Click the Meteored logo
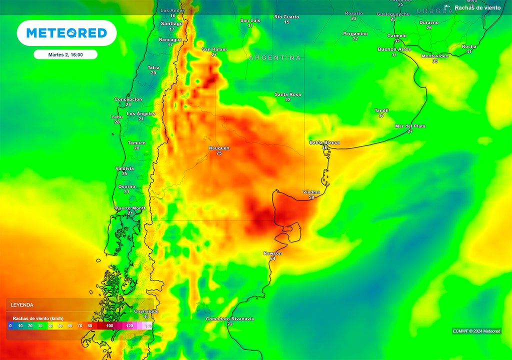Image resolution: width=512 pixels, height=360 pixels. [x=66, y=33]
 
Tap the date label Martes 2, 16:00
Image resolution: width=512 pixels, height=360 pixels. [x=65, y=54]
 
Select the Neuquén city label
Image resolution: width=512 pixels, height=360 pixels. [x=219, y=148]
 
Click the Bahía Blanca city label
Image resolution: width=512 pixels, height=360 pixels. [x=324, y=142]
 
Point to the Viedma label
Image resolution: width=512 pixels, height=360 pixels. [x=311, y=192]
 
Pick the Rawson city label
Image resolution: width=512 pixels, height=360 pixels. [x=272, y=253]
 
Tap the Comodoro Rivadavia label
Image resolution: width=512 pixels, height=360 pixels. [x=229, y=318]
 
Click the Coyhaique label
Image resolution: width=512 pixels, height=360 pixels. [x=146, y=311]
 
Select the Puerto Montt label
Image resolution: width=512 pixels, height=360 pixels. [x=130, y=207]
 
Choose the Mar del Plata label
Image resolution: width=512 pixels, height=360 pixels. [x=410, y=126]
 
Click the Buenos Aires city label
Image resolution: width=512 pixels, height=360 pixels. [x=394, y=49]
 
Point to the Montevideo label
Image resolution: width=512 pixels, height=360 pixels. [x=435, y=56]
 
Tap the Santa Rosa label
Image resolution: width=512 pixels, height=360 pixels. [x=287, y=94]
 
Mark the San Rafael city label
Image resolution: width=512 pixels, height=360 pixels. [x=214, y=49]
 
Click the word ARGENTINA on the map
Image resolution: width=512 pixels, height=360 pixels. [x=275, y=58]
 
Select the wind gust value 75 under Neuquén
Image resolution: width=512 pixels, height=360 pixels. [x=219, y=153]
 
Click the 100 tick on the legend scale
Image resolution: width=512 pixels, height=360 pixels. [x=109, y=325]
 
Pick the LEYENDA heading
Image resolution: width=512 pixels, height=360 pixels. [x=22, y=304]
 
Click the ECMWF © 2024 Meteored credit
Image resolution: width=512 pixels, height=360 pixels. [x=476, y=331]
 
